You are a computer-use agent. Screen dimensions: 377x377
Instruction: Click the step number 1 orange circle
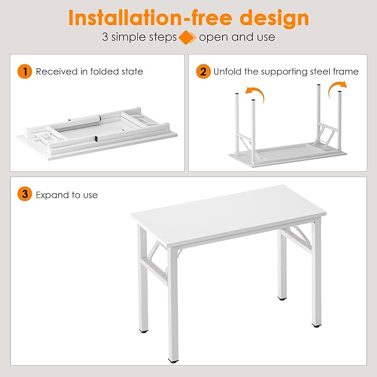click(24, 72)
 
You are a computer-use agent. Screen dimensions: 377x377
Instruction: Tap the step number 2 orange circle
click(204, 72)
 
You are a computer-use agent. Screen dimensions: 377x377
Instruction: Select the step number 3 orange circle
click(24, 195)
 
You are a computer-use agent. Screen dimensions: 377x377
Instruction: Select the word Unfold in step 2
click(227, 72)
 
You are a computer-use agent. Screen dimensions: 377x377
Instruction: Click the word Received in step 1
click(54, 72)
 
